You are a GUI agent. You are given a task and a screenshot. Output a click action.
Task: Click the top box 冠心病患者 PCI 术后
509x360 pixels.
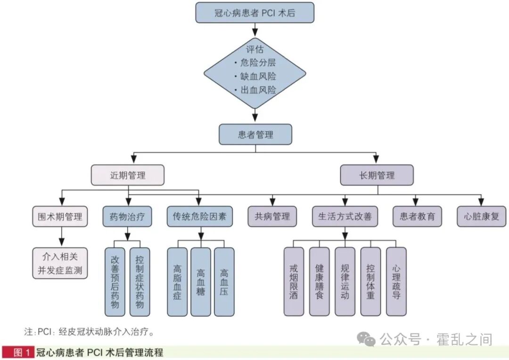pos(255,13)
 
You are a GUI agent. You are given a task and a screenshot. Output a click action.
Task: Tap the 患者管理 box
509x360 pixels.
pos(255,135)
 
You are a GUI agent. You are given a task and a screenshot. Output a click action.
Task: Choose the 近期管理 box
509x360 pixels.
pos(128,175)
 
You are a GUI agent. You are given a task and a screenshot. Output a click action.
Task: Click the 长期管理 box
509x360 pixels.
pos(377,175)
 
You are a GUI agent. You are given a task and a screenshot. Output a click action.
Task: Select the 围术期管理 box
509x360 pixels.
pos(60,217)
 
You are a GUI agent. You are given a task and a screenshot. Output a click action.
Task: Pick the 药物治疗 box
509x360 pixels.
pos(127,217)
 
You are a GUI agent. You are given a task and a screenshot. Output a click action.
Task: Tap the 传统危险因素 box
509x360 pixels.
pos(199,217)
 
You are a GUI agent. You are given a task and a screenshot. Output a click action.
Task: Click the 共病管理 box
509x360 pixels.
pos(272,217)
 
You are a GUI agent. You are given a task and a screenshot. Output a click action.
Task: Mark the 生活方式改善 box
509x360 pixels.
pos(345,217)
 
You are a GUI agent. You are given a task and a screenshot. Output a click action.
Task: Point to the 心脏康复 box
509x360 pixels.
pos(481,217)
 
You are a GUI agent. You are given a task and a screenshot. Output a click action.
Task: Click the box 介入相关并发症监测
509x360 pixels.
pos(60,263)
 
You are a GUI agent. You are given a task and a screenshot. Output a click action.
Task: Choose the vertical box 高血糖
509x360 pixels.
pos(201,282)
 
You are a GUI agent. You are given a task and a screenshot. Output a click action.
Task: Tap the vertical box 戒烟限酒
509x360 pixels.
pos(294,282)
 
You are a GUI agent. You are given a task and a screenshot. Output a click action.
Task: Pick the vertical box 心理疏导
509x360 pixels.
pos(396,282)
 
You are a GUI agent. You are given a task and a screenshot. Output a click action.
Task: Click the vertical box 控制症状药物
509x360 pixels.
pos(140,282)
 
